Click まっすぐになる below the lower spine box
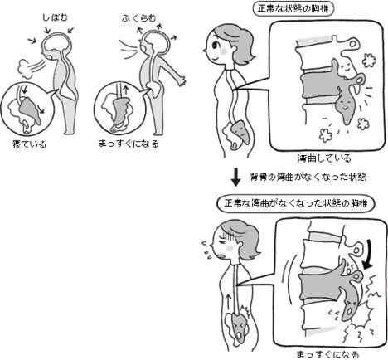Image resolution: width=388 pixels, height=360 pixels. coord(327,351)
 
